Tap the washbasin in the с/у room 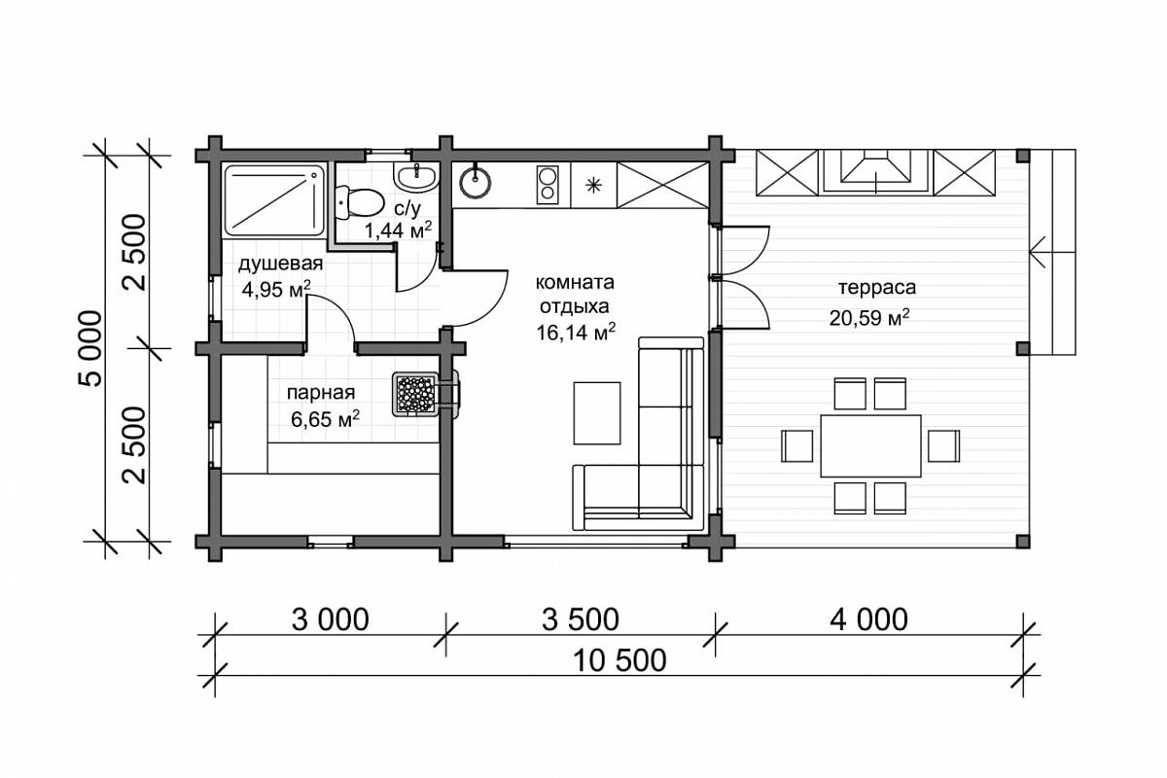tap(416, 176)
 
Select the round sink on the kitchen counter tap(476, 182)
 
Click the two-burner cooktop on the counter tap(548, 185)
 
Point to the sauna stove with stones tap(416, 394)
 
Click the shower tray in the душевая tap(274, 200)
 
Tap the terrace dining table tap(870, 446)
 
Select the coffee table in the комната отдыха tap(597, 413)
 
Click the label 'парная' tap(320, 392)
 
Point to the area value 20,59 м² tap(869, 317)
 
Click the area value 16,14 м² tap(576, 332)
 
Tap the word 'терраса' tap(877, 287)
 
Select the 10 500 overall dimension tap(619, 660)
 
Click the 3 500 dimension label tap(581, 619)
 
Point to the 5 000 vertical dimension tap(90, 348)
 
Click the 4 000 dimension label tap(868, 619)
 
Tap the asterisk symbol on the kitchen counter tap(593, 185)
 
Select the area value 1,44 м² tap(398, 230)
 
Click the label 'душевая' tap(280, 265)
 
